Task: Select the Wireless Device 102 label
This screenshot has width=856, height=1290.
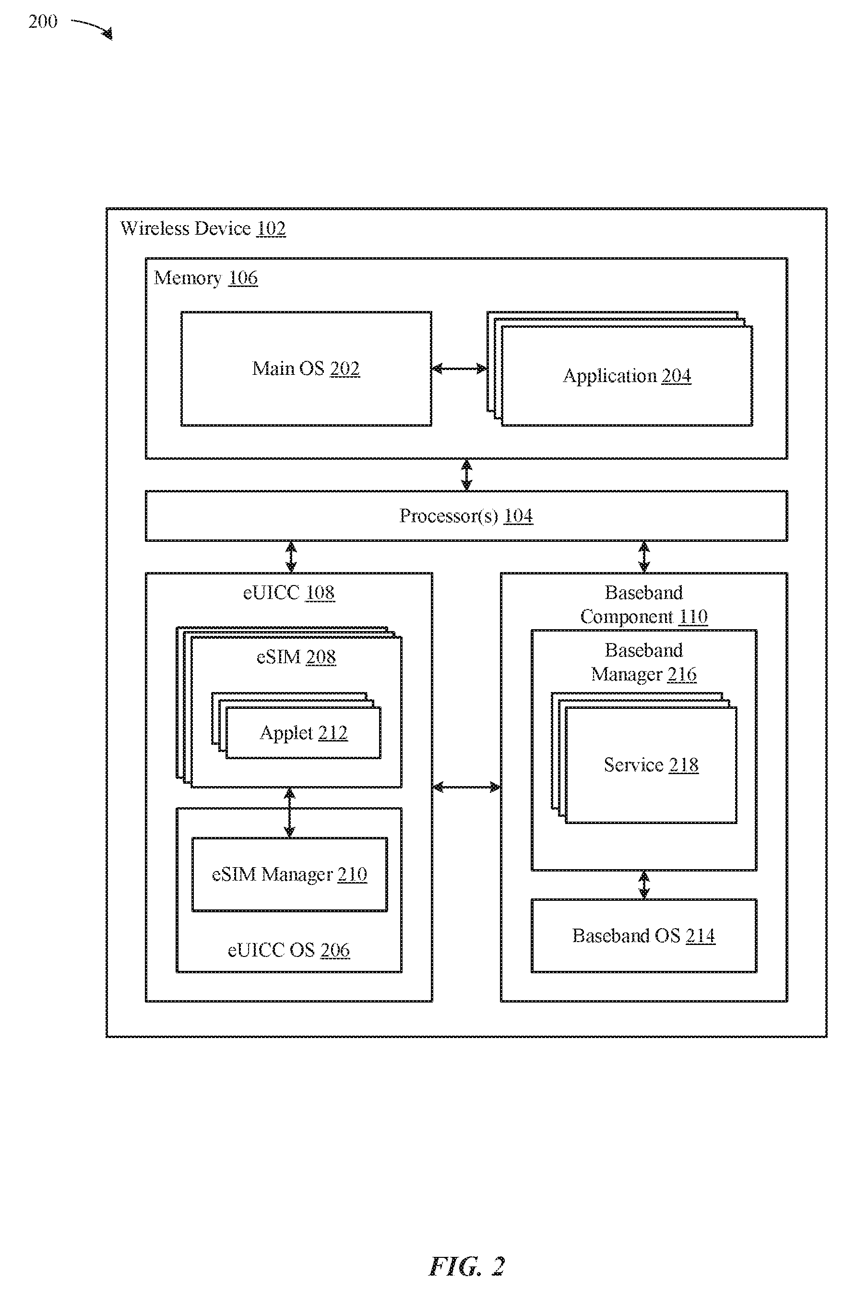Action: (202, 228)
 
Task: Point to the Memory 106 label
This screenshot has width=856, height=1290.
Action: (205, 278)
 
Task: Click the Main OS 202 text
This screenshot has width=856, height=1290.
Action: (306, 369)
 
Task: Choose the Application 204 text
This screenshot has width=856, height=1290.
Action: (627, 376)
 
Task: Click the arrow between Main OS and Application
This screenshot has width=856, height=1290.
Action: (459, 369)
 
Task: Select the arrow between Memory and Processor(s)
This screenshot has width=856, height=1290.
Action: (466, 475)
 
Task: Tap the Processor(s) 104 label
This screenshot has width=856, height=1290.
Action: (466, 516)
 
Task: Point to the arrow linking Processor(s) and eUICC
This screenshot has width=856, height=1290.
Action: (291, 556)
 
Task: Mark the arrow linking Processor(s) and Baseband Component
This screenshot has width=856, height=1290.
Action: (644, 556)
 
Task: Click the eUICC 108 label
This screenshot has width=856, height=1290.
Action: (289, 592)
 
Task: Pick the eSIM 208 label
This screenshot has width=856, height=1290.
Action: (296, 657)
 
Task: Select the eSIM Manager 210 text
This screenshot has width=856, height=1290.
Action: (289, 874)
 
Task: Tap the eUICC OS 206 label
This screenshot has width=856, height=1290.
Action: (288, 950)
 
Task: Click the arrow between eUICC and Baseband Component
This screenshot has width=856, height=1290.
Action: (466, 787)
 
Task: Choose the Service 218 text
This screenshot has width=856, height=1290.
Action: (651, 765)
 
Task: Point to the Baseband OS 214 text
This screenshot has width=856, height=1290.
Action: (643, 936)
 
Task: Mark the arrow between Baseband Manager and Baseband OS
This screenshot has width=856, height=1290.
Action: (644, 884)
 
